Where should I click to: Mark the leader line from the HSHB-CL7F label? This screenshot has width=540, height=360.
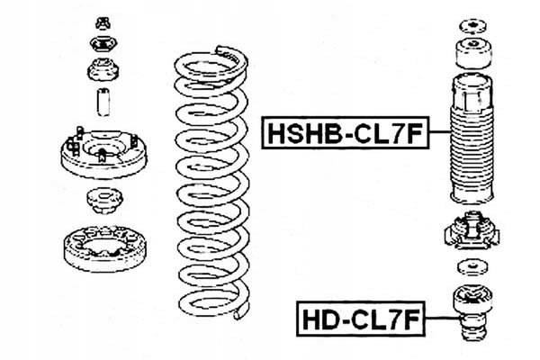(438, 133)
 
